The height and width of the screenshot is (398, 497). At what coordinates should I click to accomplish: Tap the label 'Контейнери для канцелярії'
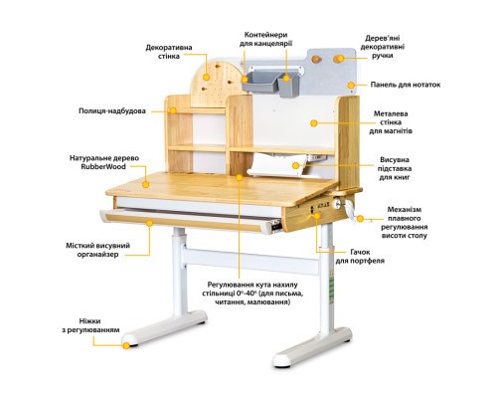pos(261,39)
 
